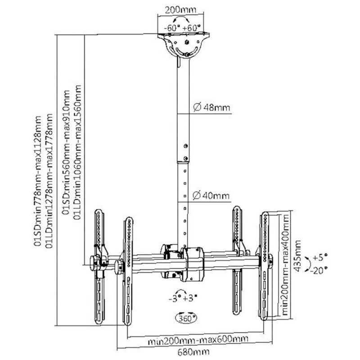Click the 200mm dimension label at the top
[181, 9]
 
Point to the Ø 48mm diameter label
[211, 107]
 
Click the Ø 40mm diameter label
[211, 196]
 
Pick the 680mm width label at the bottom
[193, 352]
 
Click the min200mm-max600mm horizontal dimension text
[198, 339]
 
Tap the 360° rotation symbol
[186, 318]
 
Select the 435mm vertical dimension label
[297, 256]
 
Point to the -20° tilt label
[319, 270]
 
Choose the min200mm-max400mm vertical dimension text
[285, 265]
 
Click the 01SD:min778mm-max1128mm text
[38, 181]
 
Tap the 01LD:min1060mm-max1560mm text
[77, 152]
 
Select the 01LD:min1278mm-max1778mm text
[49, 181]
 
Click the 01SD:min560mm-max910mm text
[66, 152]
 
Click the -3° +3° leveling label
[183, 299]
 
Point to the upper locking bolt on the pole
[186, 146]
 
